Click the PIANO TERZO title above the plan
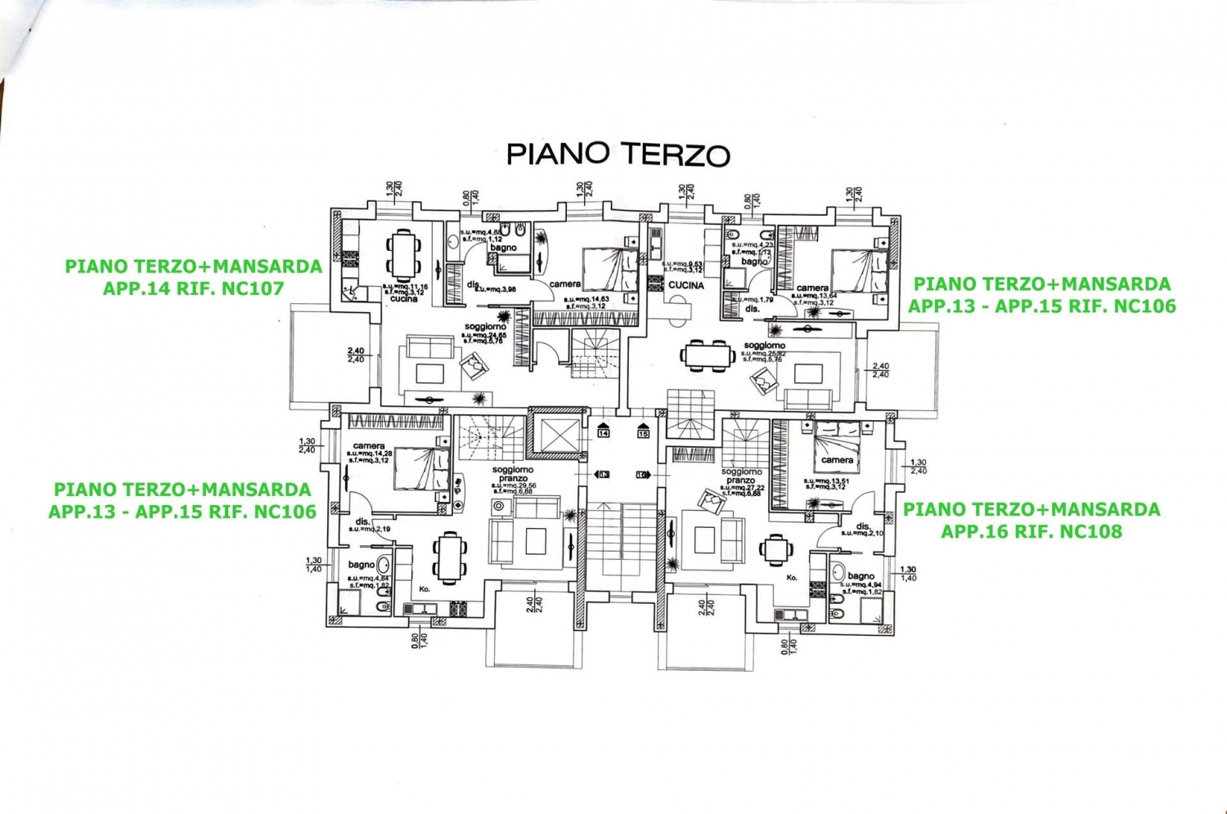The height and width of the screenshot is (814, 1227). pyautogui.click(x=618, y=154)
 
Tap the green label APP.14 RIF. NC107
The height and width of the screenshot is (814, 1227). pyautogui.click(x=193, y=288)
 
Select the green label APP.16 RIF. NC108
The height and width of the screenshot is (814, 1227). pyautogui.click(x=1031, y=531)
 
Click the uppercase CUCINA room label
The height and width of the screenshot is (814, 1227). pyautogui.click(x=685, y=285)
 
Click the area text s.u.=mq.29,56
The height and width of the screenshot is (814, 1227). pyautogui.click(x=514, y=485)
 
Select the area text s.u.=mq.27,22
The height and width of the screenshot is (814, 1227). pyautogui.click(x=742, y=487)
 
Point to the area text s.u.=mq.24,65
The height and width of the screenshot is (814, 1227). pyautogui.click(x=485, y=335)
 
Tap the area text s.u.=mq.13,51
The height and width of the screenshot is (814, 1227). pyautogui.click(x=827, y=481)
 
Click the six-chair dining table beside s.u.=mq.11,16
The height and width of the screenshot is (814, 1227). pyautogui.click(x=402, y=253)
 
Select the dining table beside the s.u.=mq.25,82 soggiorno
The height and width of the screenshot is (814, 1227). pyautogui.click(x=708, y=355)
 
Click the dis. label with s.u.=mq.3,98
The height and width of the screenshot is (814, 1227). pyautogui.click(x=474, y=285)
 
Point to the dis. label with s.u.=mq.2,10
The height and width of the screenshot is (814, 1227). pyautogui.click(x=863, y=526)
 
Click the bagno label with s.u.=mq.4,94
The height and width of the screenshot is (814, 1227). pyautogui.click(x=861, y=576)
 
